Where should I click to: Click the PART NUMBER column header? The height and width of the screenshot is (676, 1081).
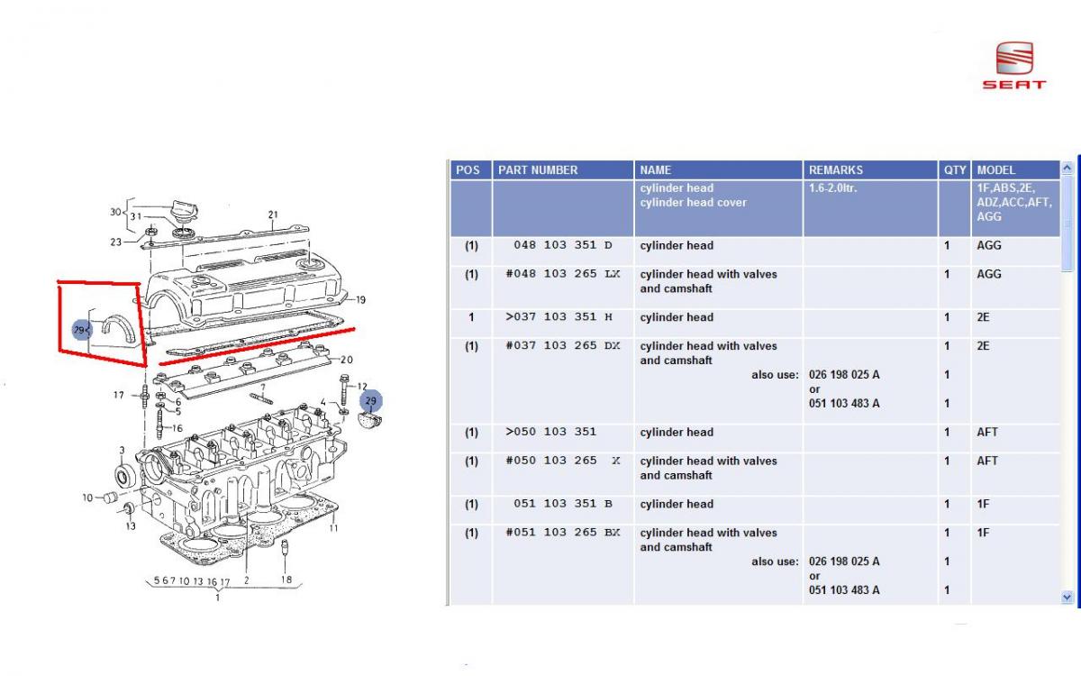[x=538, y=170]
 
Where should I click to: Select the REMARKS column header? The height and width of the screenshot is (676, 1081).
[x=836, y=170]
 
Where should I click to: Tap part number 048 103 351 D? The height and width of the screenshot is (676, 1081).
[x=563, y=245]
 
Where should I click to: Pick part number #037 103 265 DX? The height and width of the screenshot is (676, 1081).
[x=563, y=346]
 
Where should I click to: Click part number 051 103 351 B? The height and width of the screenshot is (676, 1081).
[x=563, y=504]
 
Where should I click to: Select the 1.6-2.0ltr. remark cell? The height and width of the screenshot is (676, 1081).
[x=833, y=187]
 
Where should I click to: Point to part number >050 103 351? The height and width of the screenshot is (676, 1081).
[x=550, y=432]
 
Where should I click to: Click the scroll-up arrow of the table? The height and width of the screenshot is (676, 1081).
[x=1067, y=168]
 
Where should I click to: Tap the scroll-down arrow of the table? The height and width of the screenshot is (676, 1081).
[x=1067, y=598]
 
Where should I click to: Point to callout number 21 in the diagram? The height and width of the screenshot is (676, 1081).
[x=273, y=215]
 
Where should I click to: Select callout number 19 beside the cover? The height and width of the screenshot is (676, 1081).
[x=360, y=300]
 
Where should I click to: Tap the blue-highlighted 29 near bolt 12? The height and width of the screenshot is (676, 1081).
[x=370, y=401]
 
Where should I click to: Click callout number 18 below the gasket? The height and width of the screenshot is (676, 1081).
[x=286, y=580]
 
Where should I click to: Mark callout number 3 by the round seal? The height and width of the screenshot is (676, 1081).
[x=123, y=450]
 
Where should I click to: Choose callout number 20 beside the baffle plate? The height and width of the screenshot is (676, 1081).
[x=347, y=360]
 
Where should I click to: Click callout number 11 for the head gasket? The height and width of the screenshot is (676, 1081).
[x=333, y=528]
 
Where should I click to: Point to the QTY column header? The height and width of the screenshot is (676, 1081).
[x=955, y=170]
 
